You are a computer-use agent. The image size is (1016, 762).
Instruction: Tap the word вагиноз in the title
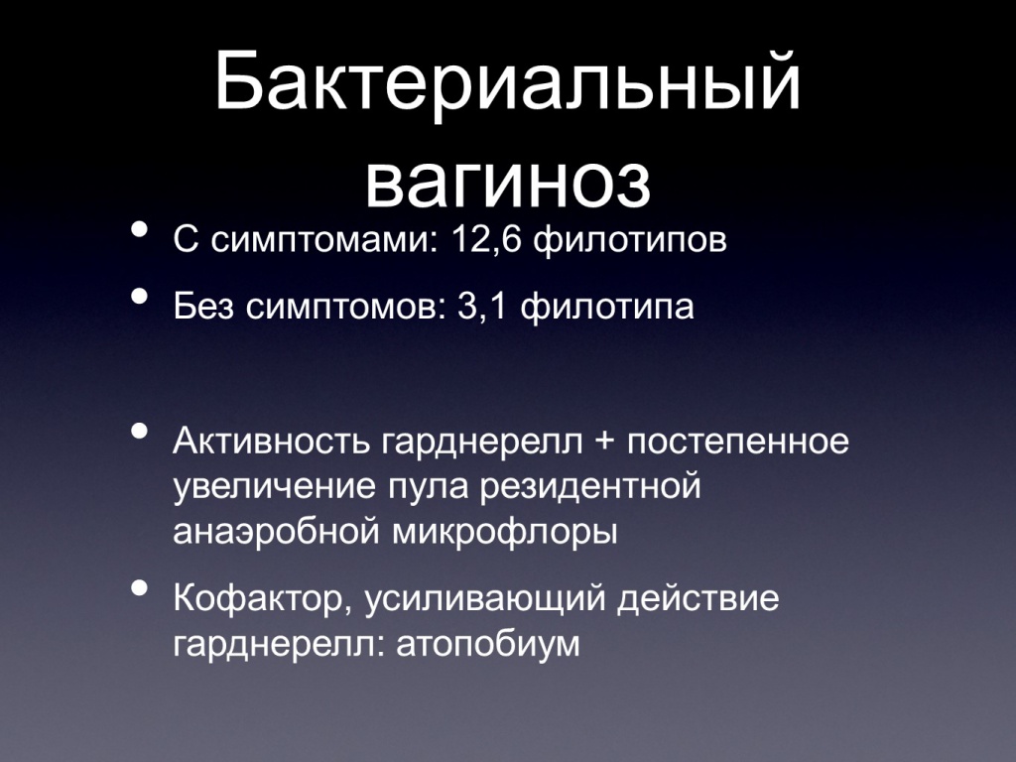(x=508, y=181)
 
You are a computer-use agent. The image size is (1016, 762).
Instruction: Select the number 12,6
(x=486, y=240)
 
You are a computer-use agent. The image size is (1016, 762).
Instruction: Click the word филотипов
(x=630, y=240)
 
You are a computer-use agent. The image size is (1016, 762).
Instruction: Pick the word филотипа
(x=607, y=307)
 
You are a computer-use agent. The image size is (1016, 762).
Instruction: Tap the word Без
(x=202, y=306)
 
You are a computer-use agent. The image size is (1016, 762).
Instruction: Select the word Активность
(x=272, y=441)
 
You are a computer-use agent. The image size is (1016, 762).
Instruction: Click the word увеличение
(x=274, y=487)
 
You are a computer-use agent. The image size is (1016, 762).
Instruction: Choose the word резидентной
(x=590, y=487)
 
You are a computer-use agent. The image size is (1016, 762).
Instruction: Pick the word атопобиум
(x=487, y=645)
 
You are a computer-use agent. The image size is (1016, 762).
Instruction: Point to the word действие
(x=698, y=598)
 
